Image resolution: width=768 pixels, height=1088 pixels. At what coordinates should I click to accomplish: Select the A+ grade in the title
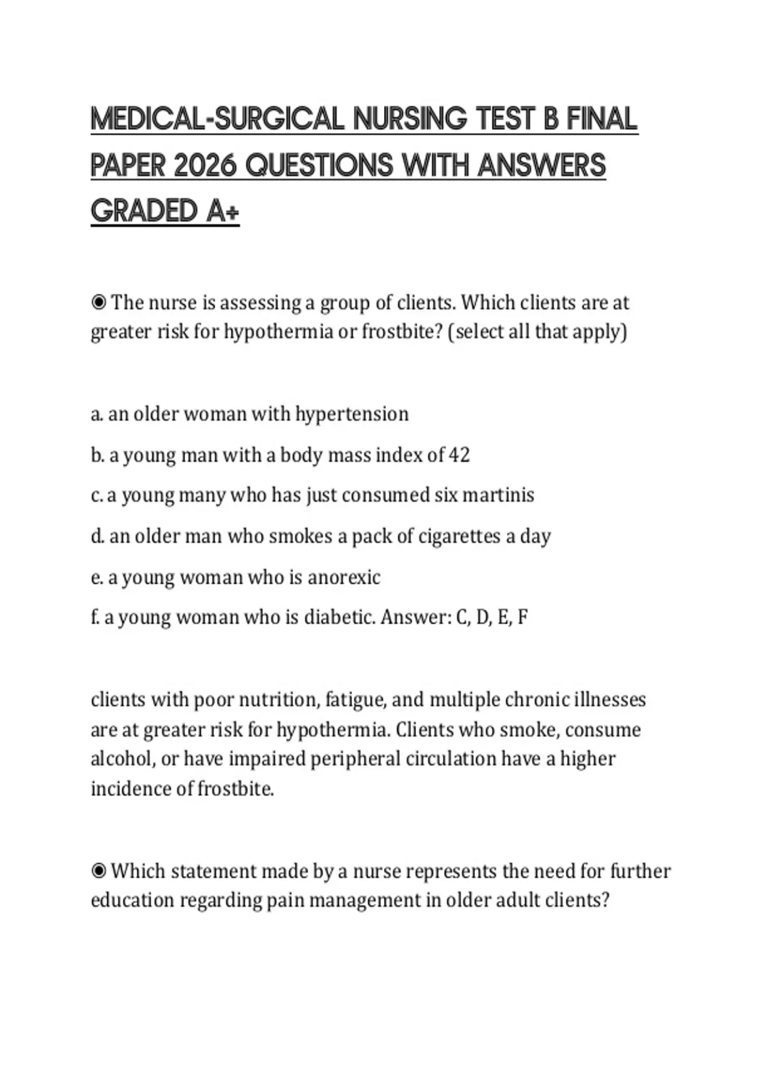pyautogui.click(x=223, y=212)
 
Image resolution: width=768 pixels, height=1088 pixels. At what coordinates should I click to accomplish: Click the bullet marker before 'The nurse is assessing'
pyautogui.click(x=99, y=302)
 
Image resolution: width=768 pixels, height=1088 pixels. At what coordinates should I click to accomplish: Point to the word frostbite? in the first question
pyautogui.click(x=402, y=332)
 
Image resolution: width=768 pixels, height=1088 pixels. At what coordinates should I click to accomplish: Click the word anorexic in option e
pyautogui.click(x=344, y=577)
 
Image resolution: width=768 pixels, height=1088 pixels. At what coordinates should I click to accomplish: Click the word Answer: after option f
pyautogui.click(x=415, y=618)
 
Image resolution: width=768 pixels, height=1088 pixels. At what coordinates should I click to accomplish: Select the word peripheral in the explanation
pyautogui.click(x=348, y=759)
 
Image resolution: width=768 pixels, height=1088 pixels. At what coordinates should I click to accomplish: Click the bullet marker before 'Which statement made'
pyautogui.click(x=99, y=871)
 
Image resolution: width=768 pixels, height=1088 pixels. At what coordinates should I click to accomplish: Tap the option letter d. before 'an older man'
pyautogui.click(x=97, y=536)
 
